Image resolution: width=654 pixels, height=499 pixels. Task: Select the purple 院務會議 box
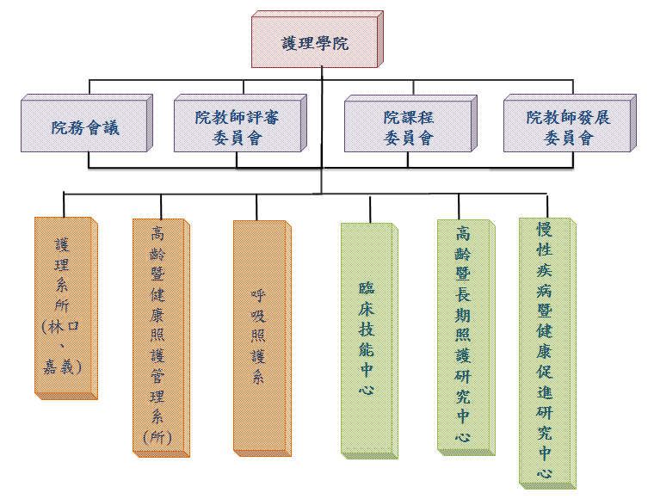tap(84, 128)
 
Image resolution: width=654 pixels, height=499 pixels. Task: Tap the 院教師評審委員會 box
tap(237, 127)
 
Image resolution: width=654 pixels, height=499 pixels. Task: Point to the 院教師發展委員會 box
tap(568, 127)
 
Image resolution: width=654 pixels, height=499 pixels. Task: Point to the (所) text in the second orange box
tap(157, 436)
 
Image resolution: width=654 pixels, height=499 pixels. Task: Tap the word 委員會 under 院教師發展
tap(568, 138)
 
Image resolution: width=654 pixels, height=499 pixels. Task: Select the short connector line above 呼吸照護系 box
tap(257, 206)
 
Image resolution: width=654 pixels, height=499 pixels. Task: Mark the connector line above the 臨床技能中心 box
tap(370, 208)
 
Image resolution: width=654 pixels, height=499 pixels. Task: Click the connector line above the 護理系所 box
tap(64, 204)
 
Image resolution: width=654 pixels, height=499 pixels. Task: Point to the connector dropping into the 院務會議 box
tap(89, 88)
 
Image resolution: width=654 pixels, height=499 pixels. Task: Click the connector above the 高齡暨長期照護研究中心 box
tap(459, 206)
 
